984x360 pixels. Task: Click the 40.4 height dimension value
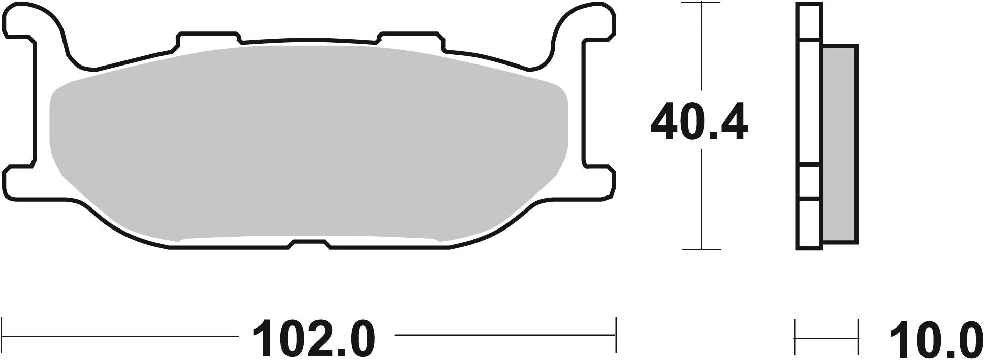pyautogui.click(x=699, y=122)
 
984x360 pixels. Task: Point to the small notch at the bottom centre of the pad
pyautogui.click(x=310, y=244)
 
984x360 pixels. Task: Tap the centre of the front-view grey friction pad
pyautogui.click(x=309, y=142)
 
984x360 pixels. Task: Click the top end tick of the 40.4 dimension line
pyautogui.click(x=701, y=3)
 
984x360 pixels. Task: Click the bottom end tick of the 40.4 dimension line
pyautogui.click(x=701, y=249)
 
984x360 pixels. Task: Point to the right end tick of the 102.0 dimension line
pyautogui.click(x=615, y=335)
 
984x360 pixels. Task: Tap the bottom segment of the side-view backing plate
pyautogui.click(x=809, y=223)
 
